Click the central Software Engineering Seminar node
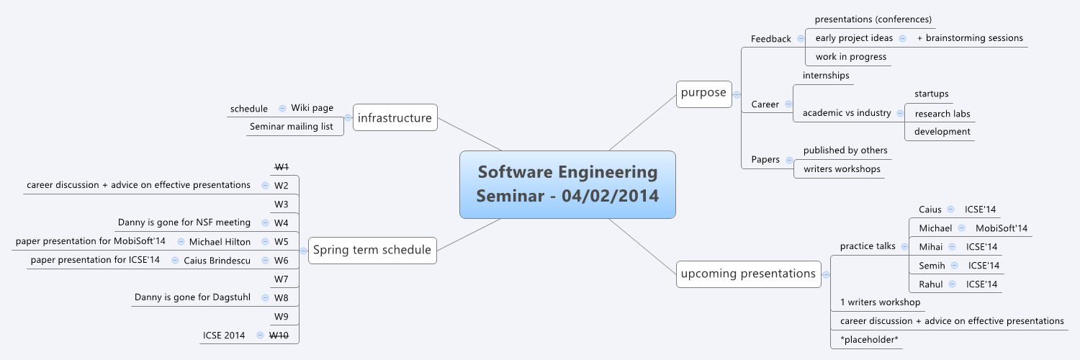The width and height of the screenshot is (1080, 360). (567, 184)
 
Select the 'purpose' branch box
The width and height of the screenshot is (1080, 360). (704, 94)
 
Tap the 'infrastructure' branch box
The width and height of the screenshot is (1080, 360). (395, 118)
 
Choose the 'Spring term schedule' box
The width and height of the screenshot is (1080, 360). (372, 251)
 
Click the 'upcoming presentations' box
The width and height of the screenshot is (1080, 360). (748, 274)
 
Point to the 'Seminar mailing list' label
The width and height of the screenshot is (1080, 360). (291, 127)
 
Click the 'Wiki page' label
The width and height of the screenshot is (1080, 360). (312, 108)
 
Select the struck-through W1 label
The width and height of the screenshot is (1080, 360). (282, 167)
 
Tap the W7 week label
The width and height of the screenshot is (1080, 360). (282, 279)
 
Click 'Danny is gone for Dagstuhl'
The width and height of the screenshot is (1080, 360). (192, 297)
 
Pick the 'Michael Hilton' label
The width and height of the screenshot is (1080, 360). (220, 241)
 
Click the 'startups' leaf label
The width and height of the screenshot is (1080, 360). (931, 94)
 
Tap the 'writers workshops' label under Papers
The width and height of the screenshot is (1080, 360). (842, 169)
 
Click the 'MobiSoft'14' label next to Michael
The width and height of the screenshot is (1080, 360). (1002, 228)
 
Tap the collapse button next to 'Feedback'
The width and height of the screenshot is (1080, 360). (801, 39)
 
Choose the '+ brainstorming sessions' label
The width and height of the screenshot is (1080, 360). (970, 37)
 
